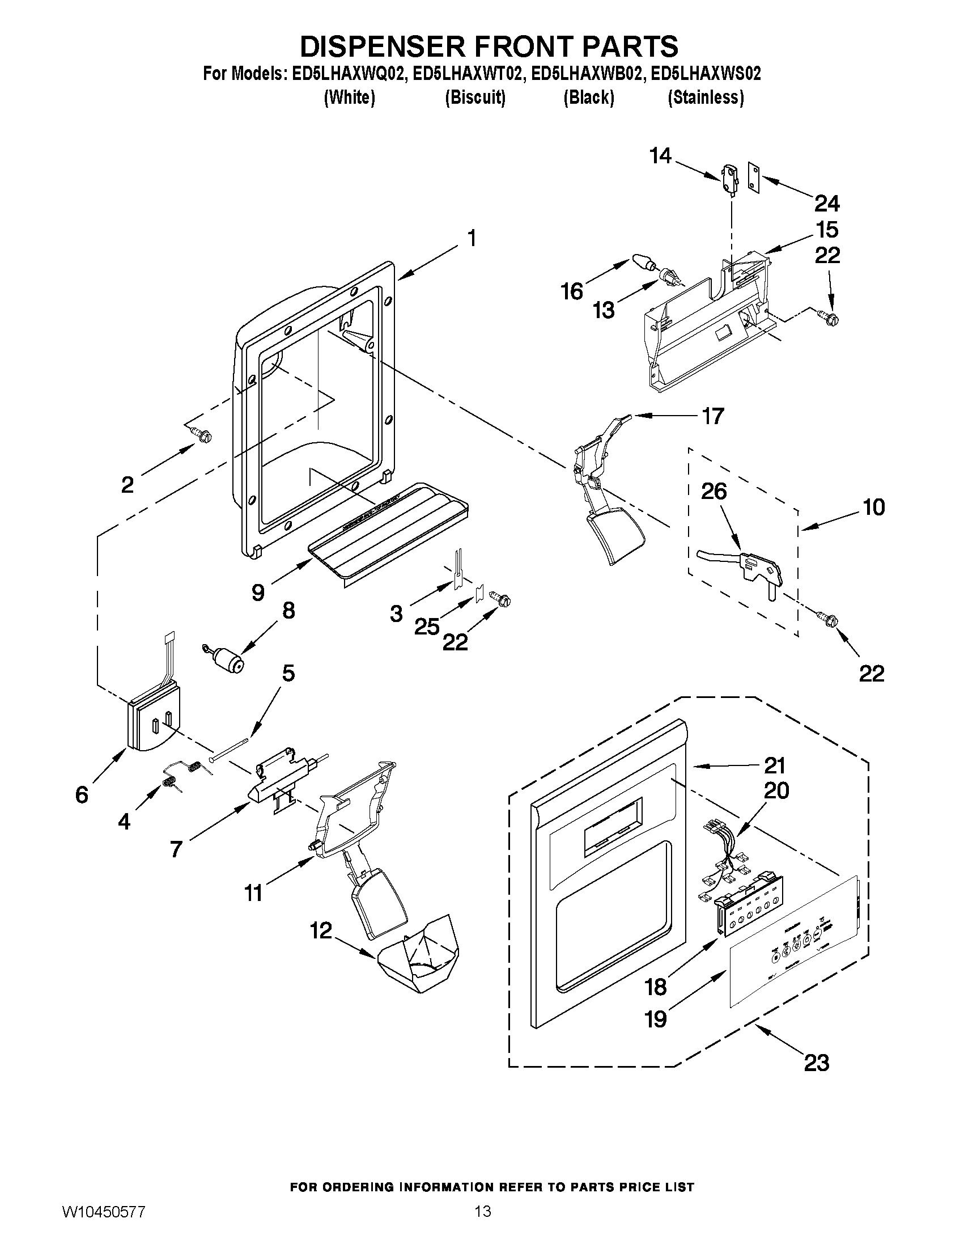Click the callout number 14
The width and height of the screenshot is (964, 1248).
click(660, 155)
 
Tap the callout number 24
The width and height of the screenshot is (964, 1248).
click(827, 203)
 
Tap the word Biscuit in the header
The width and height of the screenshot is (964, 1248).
click(475, 98)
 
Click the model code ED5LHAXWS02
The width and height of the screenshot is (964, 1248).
click(706, 74)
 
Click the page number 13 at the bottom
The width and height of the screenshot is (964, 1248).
click(483, 1207)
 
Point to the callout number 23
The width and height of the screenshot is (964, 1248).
click(816, 1062)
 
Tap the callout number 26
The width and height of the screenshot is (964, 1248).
click(714, 492)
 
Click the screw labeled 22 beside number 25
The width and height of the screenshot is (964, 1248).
click(503, 600)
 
